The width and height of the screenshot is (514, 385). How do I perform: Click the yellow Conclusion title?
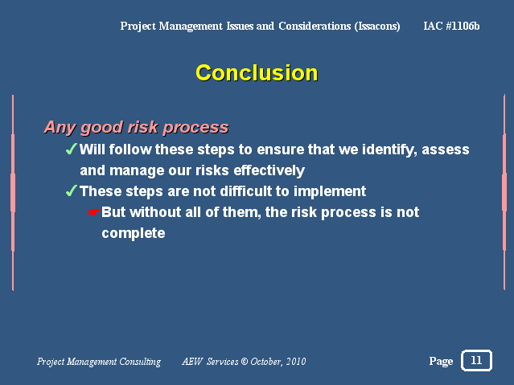coord(257,72)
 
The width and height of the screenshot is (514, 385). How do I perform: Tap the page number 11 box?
coord(476,360)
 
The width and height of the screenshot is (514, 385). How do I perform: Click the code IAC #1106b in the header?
coord(451,26)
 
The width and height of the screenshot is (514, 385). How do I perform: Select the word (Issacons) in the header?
coord(377,27)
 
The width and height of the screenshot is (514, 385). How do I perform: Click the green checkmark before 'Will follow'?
coord(72,149)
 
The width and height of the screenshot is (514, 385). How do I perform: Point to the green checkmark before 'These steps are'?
coord(72,190)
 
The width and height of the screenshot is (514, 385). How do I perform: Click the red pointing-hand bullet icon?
coord(93,212)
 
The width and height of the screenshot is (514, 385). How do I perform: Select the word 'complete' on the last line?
coord(134,234)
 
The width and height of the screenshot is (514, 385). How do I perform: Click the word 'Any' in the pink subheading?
coord(60,128)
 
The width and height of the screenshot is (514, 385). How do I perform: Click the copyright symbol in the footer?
coord(245,362)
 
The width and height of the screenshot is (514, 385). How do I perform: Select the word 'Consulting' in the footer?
coord(140,362)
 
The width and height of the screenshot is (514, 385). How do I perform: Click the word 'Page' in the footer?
coord(441,362)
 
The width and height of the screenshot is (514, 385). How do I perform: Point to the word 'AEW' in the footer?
coord(192,362)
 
